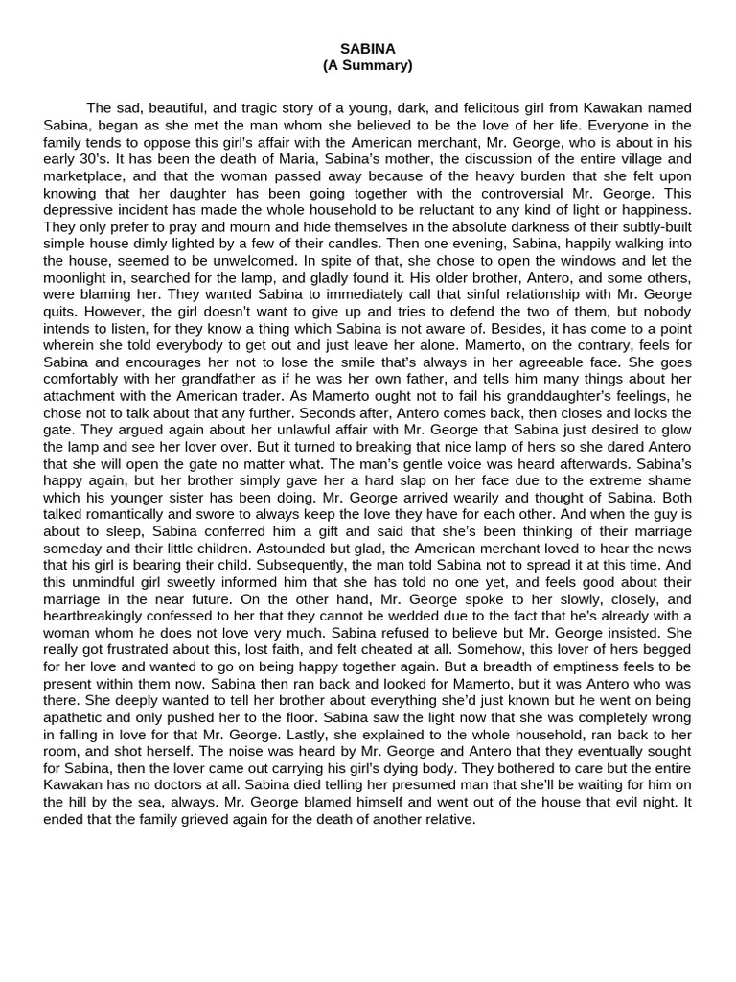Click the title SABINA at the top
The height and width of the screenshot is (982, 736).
tap(367, 48)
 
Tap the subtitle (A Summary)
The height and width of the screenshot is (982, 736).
tap(367, 65)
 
